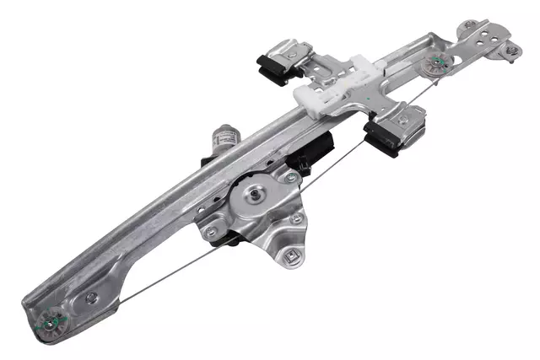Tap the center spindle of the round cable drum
coord(253,195)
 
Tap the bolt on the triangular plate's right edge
coord(296,218)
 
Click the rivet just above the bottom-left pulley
coord(90,298)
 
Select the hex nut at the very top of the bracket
coord(470,25)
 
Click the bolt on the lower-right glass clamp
coord(402,121)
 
